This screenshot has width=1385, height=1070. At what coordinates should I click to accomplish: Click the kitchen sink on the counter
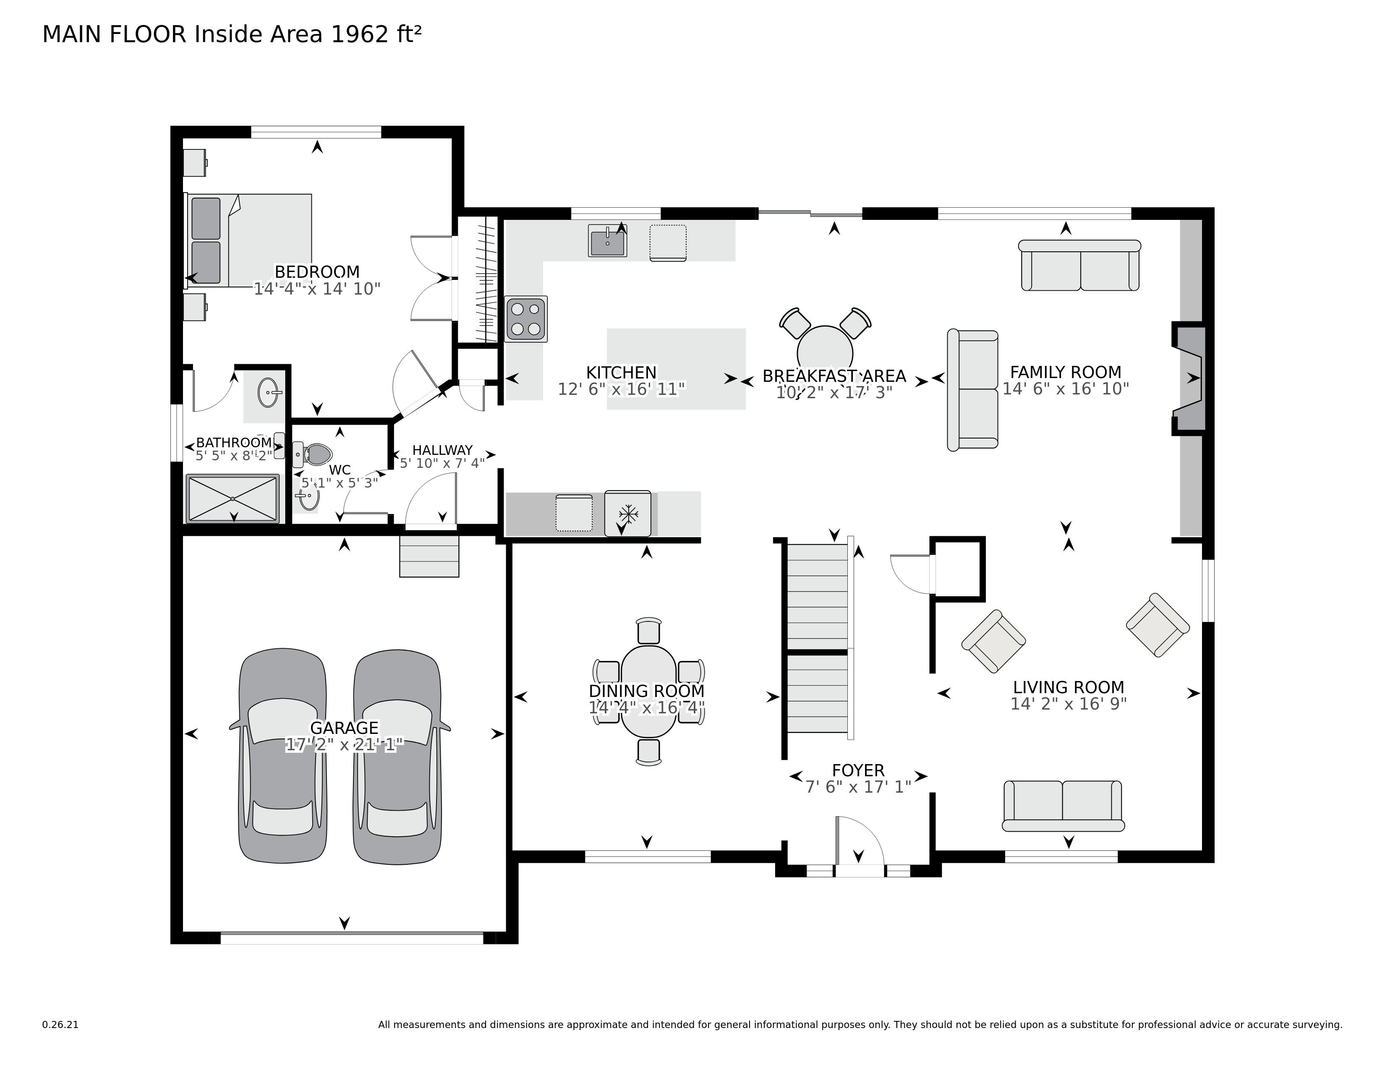607,241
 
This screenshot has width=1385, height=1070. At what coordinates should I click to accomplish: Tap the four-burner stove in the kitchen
526,319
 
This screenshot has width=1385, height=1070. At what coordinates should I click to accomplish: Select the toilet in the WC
315,454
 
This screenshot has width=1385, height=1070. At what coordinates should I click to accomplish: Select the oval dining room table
648,691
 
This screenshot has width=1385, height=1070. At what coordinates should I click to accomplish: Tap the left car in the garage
282,756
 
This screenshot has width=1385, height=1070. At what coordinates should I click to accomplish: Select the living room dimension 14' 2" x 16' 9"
1069,704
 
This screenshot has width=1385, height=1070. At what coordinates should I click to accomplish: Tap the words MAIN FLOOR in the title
114,34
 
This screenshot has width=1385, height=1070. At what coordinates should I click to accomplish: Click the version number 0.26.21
60,1024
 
